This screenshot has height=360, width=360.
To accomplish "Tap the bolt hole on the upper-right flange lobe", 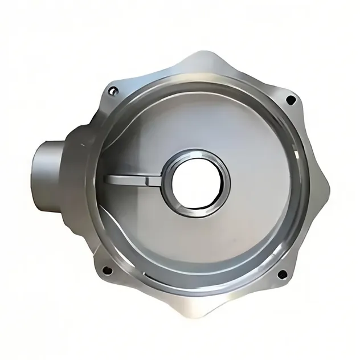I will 291,100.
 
